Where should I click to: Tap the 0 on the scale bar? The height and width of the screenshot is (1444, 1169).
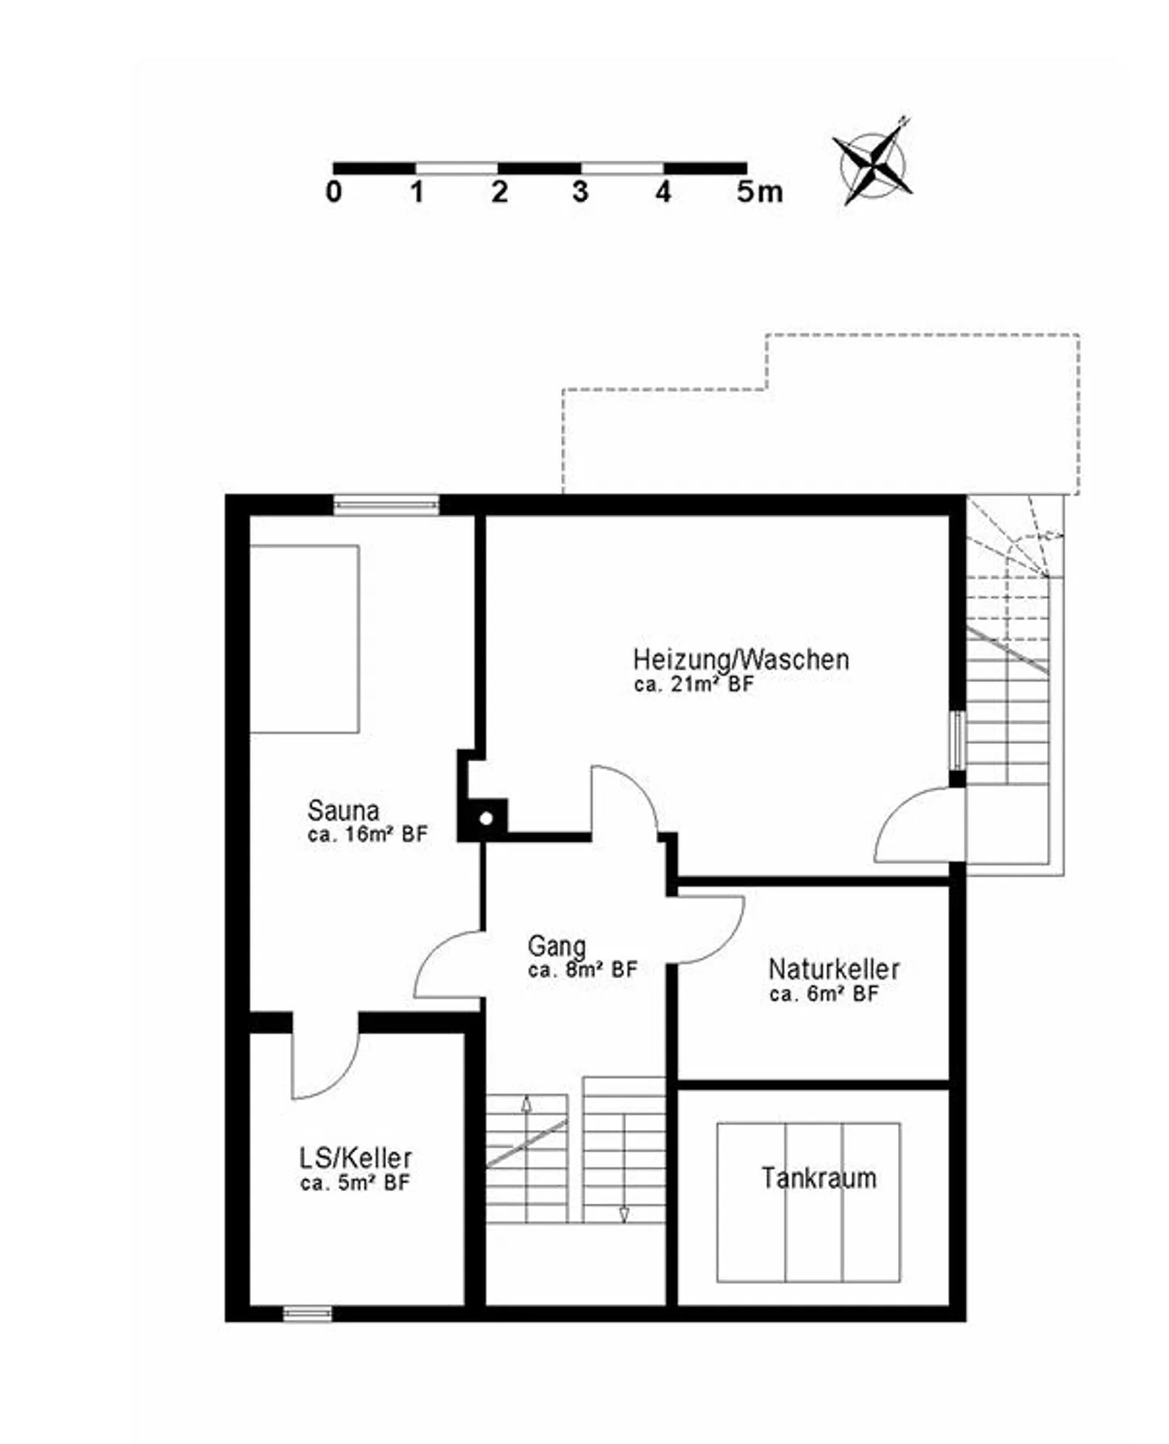coord(334,192)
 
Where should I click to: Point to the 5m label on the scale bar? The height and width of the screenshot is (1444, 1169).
coord(760,192)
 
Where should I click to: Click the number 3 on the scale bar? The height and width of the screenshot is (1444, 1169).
coord(580,192)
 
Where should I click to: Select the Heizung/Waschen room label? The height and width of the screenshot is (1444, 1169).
coord(741,659)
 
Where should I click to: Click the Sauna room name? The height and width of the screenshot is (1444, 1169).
coord(343,810)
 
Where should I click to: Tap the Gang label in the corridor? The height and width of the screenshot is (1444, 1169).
coord(556,946)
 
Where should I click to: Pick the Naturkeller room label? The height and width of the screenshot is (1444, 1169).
coord(834,969)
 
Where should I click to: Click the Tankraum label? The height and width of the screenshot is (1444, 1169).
coord(819,1178)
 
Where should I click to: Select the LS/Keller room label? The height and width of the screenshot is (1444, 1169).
coord(356,1157)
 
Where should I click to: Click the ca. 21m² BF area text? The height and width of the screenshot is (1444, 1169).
coord(694,684)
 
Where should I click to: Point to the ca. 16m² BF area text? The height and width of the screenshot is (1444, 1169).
coord(367,834)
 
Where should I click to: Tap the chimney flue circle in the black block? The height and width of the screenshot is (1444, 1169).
coord(486,818)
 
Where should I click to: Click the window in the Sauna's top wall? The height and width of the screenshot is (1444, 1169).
coord(386,505)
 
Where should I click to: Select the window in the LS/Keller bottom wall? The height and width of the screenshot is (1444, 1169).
coord(308,1313)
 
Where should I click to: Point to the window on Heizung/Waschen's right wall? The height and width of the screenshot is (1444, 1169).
coord(958,740)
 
